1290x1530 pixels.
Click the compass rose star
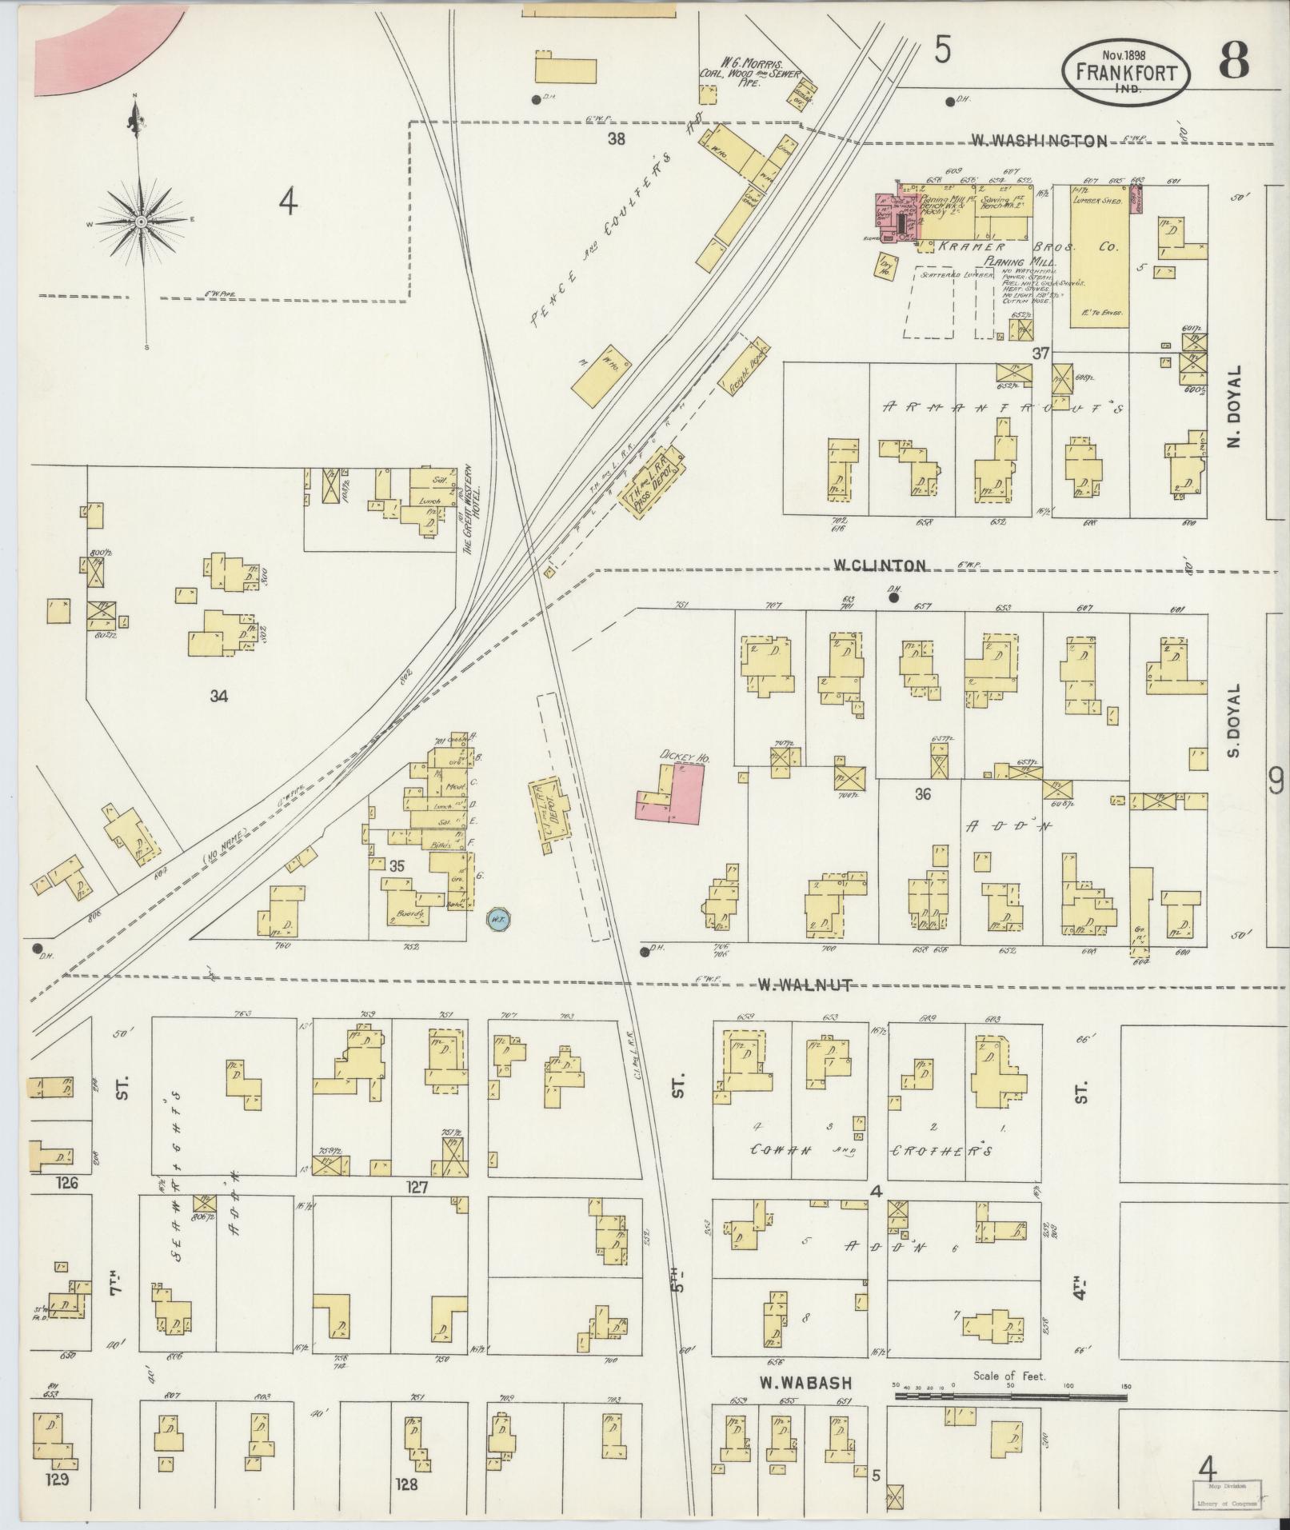point(141,221)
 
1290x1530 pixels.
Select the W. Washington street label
point(1039,141)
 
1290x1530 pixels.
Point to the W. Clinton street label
point(880,565)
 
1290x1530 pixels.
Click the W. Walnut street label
point(805,985)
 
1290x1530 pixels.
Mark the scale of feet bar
point(1010,1396)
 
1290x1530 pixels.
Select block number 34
point(218,696)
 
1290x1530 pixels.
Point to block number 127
point(417,1188)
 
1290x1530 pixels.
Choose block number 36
point(924,794)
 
